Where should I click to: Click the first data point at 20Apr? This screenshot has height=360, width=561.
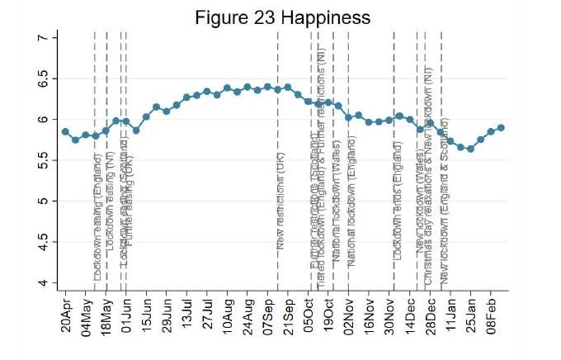click(x=65, y=131)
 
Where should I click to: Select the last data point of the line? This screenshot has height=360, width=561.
click(x=501, y=127)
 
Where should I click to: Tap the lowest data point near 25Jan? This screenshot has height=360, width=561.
click(x=470, y=149)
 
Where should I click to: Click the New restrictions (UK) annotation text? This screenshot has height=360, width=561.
click(x=280, y=206)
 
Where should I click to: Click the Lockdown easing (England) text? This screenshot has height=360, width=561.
click(x=97, y=223)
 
